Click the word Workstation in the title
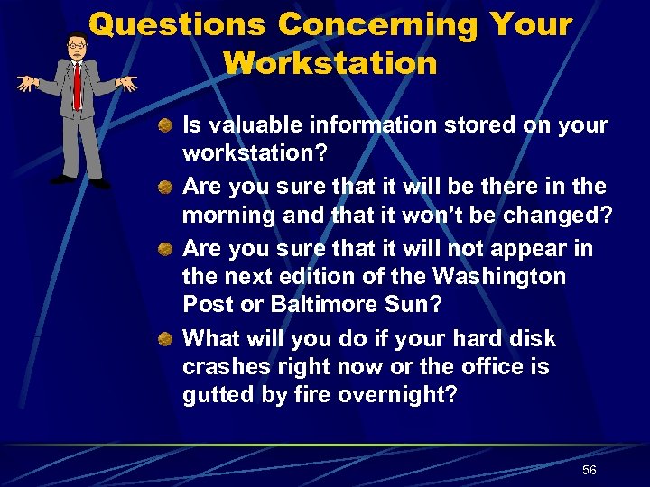tap(330, 63)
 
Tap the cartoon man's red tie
tap(78, 85)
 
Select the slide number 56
tap(590, 470)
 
